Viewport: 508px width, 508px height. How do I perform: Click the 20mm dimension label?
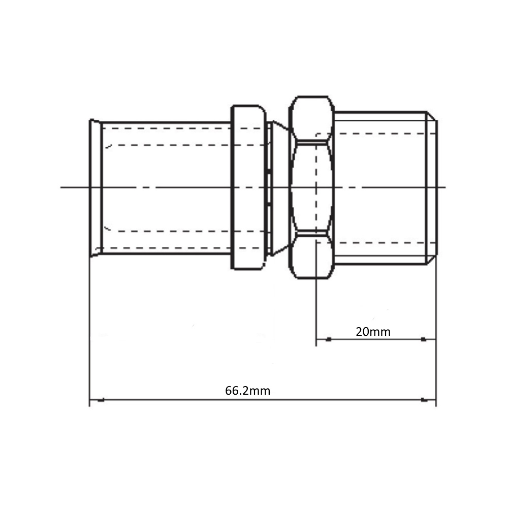pos(373,332)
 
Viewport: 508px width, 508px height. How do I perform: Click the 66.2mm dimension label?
pos(247,391)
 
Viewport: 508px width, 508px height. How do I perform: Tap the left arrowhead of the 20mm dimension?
pos(328,339)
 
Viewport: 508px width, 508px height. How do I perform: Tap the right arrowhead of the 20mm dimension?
pos(424,339)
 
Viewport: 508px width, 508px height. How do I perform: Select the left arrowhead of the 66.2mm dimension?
pos(101,400)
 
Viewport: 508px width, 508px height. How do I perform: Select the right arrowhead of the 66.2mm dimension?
pos(424,400)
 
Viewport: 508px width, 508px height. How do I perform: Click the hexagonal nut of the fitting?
pos(312,187)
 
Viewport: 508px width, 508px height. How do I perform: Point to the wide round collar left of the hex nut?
pos(248,187)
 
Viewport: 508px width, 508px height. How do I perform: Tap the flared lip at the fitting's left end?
pos(96,188)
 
